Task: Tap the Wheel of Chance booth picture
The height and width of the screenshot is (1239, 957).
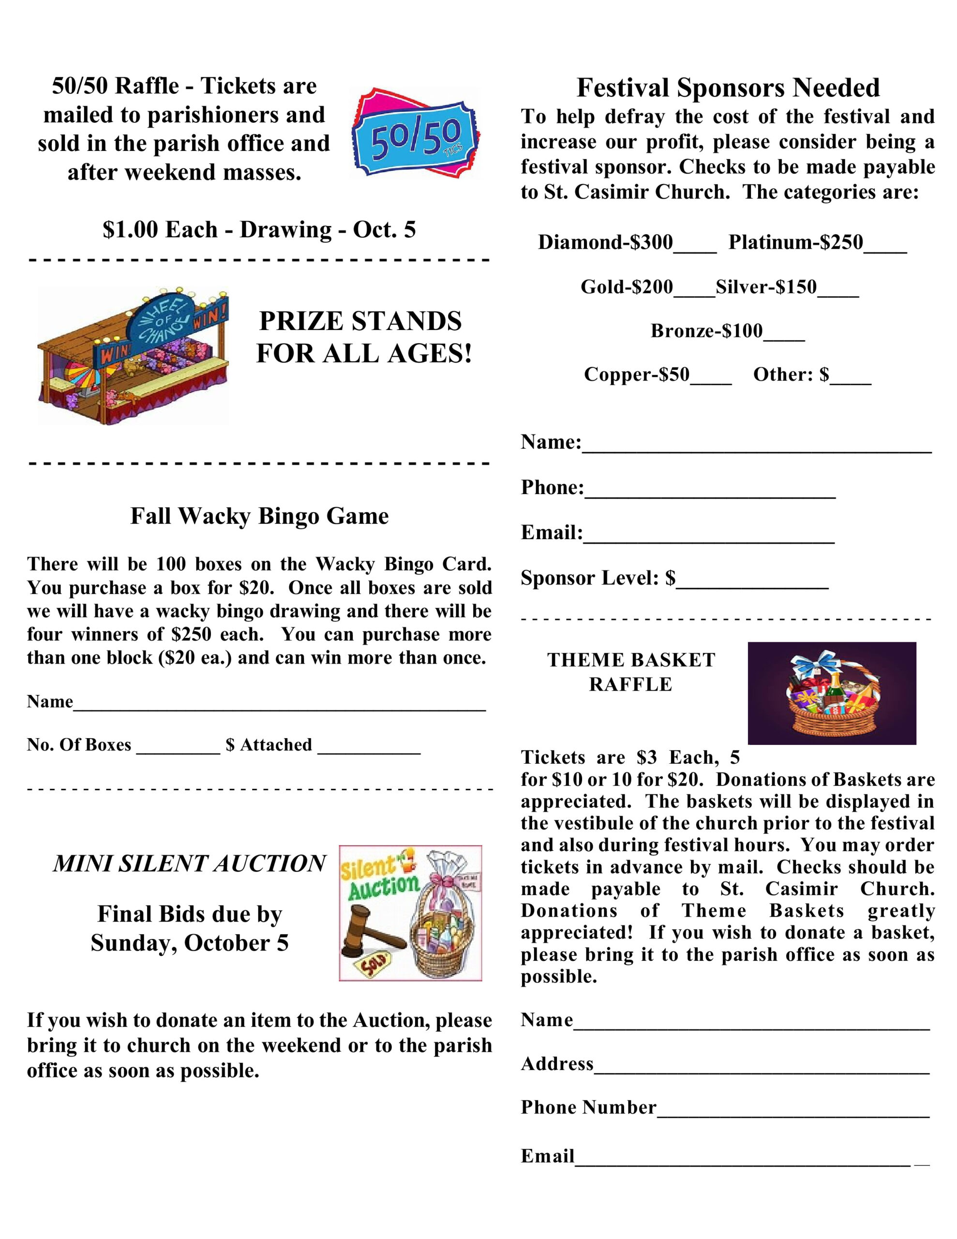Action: point(134,356)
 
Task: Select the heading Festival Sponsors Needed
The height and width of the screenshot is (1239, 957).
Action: point(728,88)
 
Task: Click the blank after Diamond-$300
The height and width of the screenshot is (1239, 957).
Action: point(695,247)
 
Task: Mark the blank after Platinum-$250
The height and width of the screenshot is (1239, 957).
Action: point(885,247)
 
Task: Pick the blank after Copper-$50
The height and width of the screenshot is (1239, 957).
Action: point(711,379)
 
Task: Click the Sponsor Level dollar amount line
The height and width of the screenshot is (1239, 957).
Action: point(752,583)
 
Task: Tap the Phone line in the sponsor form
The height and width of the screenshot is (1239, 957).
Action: point(710,492)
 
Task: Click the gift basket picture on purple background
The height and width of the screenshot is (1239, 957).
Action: point(832,693)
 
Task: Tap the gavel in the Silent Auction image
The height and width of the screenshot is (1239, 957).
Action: point(369,929)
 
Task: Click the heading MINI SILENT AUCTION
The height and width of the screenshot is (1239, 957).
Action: point(190,863)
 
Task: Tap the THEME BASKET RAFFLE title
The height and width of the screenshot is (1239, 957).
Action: point(631,672)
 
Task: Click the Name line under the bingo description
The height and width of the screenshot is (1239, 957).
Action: point(279,706)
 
